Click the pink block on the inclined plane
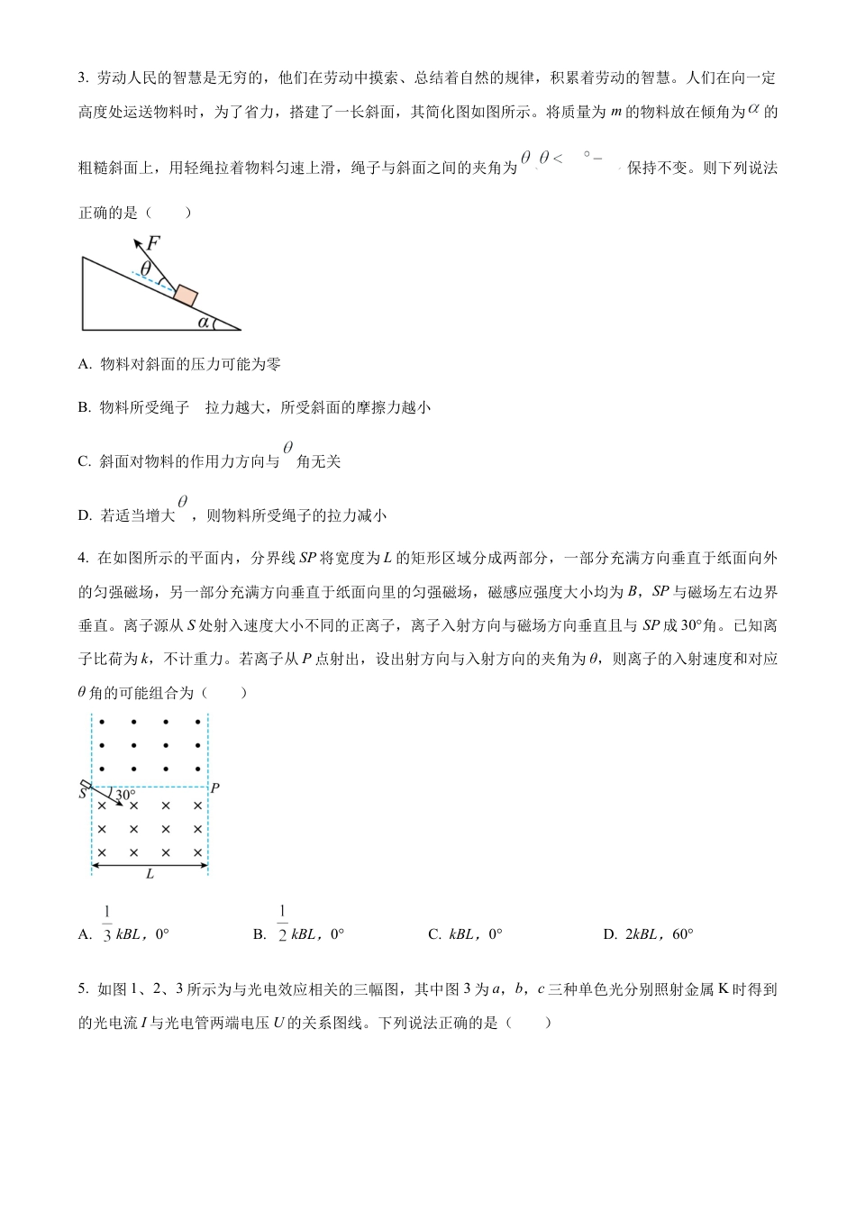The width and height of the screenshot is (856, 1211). pyautogui.click(x=186, y=296)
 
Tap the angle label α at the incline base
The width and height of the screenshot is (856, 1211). pyautogui.click(x=204, y=321)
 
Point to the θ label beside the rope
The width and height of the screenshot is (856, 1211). pyautogui.click(x=146, y=268)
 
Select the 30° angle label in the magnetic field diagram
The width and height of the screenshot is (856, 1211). pyautogui.click(x=125, y=795)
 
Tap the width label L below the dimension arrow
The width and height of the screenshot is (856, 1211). pyautogui.click(x=150, y=874)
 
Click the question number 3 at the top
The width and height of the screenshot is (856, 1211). pyautogui.click(x=82, y=77)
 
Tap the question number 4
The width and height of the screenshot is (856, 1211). pyautogui.click(x=82, y=558)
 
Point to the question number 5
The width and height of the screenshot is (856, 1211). pyautogui.click(x=82, y=989)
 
